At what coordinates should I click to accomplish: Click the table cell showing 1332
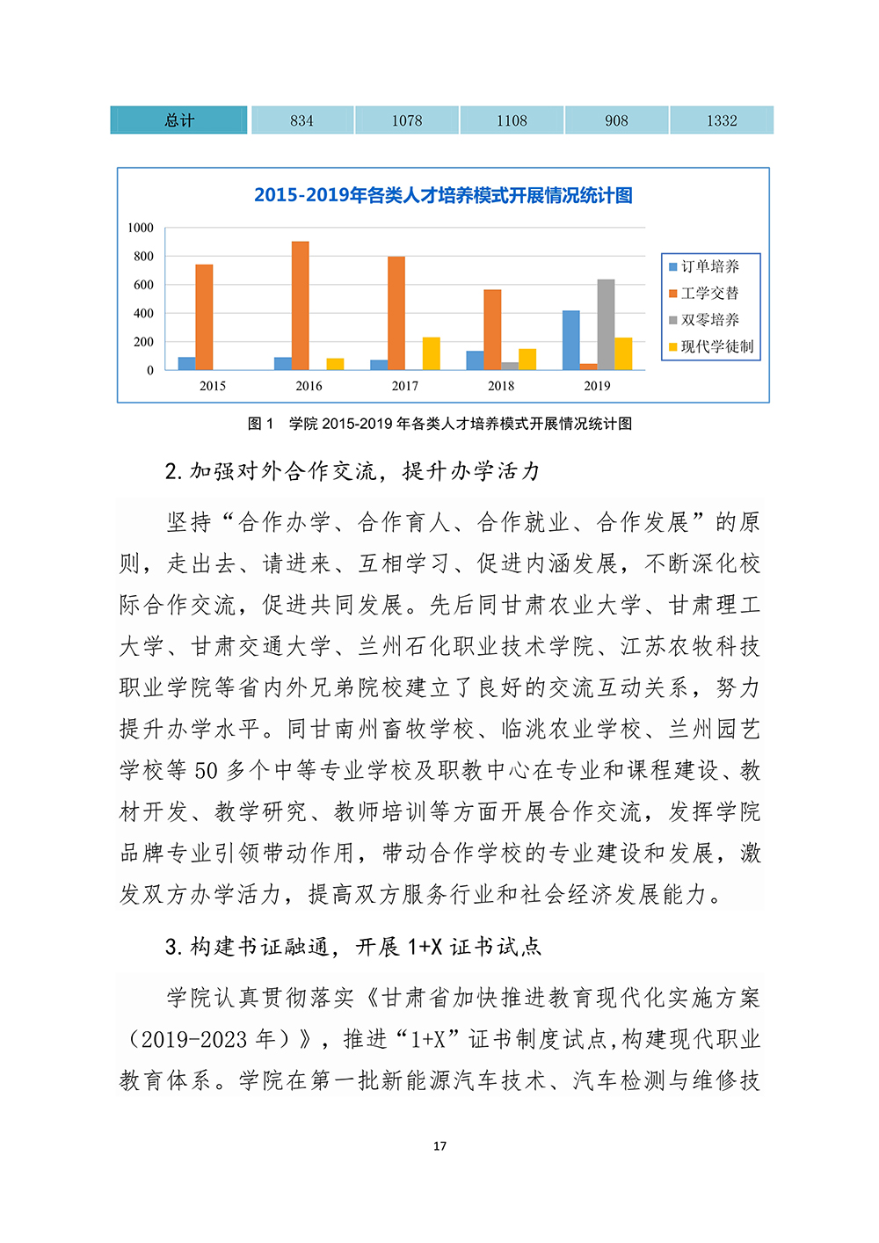pos(722,120)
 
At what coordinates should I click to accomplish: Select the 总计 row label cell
pos(178,120)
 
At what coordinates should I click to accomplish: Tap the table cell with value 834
pos(301,120)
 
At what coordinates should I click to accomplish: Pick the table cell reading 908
pos(616,120)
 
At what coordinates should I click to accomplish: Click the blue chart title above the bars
pos(443,195)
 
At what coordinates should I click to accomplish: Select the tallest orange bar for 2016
pos(300,305)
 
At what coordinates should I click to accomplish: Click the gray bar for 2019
pos(606,324)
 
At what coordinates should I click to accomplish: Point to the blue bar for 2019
pos(570,340)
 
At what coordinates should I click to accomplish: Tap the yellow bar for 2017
pos(432,353)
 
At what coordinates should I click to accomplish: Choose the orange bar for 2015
pos(204,316)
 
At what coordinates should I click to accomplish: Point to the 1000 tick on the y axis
pos(141,228)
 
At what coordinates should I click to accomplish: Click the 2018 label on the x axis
pos(501,386)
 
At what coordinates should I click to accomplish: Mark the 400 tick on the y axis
pos(143,313)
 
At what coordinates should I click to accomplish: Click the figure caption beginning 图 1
pos(439,424)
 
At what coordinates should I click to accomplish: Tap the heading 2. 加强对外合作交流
pos(352,471)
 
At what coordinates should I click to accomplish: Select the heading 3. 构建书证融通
pos(353,947)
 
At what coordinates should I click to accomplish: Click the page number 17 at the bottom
pos(439,1145)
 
